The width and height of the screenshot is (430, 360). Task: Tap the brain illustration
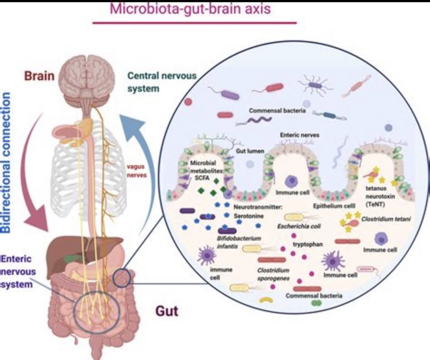pos(87,80)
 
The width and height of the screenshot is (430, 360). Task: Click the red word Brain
pos(39,76)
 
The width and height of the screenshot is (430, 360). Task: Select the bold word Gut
pos(167,311)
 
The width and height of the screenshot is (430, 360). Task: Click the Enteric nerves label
pos(299,136)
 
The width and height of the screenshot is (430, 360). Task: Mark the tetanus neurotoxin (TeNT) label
pos(378,196)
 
